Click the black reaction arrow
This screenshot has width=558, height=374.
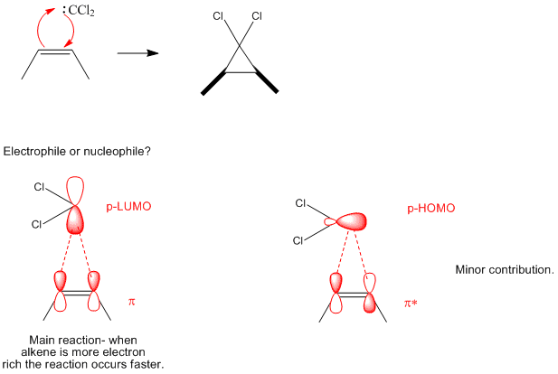pyautogui.click(x=137, y=53)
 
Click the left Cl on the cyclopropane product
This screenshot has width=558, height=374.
pyautogui.click(x=217, y=16)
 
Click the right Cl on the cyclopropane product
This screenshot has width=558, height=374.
pyautogui.click(x=257, y=16)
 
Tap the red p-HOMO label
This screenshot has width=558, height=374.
pyautogui.click(x=430, y=208)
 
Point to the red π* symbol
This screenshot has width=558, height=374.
pyautogui.click(x=411, y=303)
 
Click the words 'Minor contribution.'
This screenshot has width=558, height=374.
pyautogui.click(x=504, y=269)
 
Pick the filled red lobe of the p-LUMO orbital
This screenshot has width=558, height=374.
pyautogui.click(x=76, y=220)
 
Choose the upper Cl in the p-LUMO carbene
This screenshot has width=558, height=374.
pyautogui.click(x=39, y=187)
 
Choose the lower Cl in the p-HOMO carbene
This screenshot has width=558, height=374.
pyautogui.click(x=299, y=240)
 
